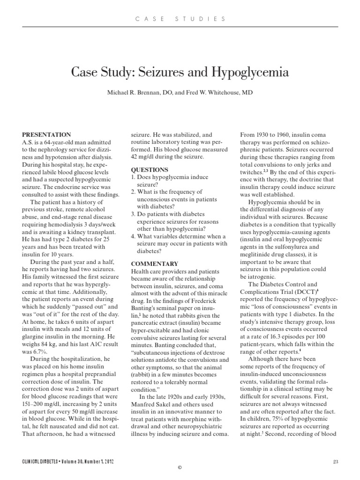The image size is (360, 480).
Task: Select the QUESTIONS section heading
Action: pyautogui.click(x=149, y=170)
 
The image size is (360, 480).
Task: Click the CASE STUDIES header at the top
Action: pyautogui.click(x=180, y=19)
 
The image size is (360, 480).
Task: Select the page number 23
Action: pyautogui.click(x=335, y=462)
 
